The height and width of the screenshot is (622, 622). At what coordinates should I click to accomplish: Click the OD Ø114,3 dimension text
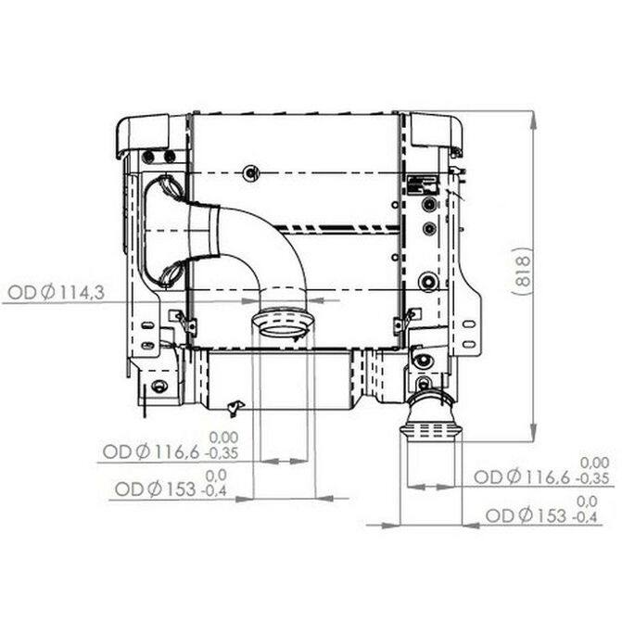pyautogui.click(x=56, y=293)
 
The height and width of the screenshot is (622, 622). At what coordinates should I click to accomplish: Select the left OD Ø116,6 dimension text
pyautogui.click(x=151, y=451)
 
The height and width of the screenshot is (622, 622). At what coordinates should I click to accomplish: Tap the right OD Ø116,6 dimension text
pyautogui.click(x=522, y=477)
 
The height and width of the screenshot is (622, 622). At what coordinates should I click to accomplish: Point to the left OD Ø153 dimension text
pyautogui.click(x=155, y=489)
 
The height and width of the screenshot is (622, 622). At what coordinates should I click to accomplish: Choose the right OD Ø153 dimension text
pyautogui.click(x=526, y=515)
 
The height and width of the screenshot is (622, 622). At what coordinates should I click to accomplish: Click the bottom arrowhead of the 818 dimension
pyautogui.click(x=534, y=433)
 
